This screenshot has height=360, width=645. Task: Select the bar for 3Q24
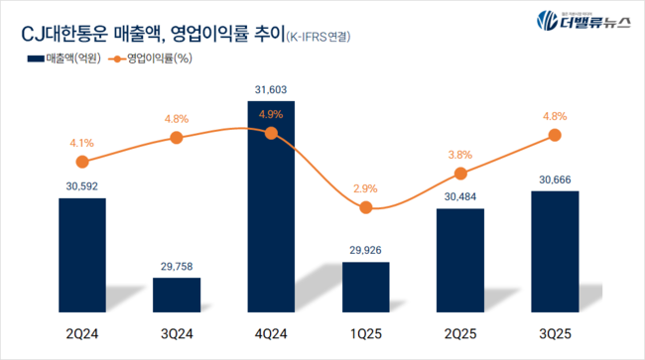pos(177,294)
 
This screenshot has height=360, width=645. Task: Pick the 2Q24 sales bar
pos(82,254)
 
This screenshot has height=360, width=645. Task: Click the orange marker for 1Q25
pos(365,207)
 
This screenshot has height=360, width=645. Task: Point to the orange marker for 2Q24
pos(82,162)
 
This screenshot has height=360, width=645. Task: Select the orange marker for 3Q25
pos(555,138)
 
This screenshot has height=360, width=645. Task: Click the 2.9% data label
pos(365,186)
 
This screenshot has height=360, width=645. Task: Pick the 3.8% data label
pos(460,154)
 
